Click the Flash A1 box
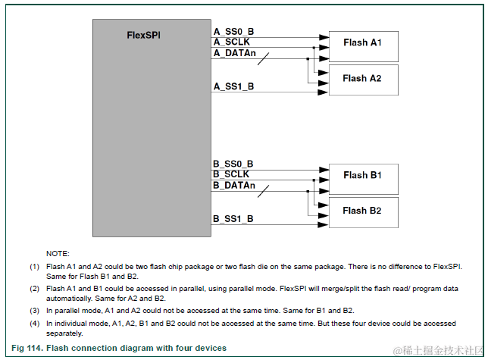click(361, 43)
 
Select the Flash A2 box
click(361, 79)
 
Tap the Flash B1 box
click(361, 176)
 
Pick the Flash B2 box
click(361, 211)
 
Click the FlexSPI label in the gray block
click(142, 36)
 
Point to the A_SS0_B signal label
click(234, 31)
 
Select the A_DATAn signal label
click(234, 53)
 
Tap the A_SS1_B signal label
click(234, 86)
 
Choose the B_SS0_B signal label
click(234, 164)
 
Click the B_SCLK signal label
click(231, 175)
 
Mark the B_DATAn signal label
click(234, 186)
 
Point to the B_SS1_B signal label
click(234, 219)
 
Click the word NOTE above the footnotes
click(58, 253)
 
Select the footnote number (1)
click(34, 267)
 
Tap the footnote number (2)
click(34, 289)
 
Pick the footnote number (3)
click(34, 311)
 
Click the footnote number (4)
click(34, 324)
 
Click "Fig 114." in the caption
click(28, 349)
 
